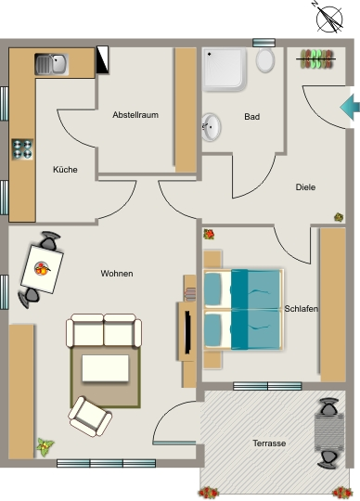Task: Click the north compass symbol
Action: (329, 18)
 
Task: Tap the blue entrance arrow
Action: (350, 107)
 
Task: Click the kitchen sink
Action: (51, 64)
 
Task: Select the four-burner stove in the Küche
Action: (22, 149)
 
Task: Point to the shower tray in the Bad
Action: (225, 69)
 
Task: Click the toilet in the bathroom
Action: (265, 60)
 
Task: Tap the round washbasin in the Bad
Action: (211, 127)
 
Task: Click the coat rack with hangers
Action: (316, 58)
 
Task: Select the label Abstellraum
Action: (135, 115)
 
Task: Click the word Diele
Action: (305, 186)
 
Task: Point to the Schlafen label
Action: (301, 309)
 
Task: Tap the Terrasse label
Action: (269, 443)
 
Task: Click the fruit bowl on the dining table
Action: (42, 268)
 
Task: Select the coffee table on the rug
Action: (106, 368)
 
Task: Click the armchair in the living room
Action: (90, 417)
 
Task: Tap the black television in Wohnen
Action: (187, 332)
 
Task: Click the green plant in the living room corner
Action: (45, 446)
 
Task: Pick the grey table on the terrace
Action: (329, 432)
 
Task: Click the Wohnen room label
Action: (117, 274)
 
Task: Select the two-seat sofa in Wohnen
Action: (104, 330)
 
